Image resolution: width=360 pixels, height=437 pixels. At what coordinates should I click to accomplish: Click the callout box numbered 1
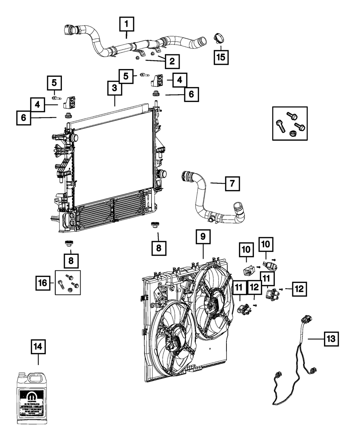coord(126,25)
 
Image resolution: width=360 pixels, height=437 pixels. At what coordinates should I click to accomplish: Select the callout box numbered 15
coord(221,57)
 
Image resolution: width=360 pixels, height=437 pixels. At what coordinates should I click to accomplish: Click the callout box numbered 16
coord(43,283)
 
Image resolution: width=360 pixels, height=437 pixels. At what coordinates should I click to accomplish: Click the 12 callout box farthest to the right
coord(300,288)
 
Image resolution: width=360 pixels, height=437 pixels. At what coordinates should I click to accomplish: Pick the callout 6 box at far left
coord(23,118)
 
